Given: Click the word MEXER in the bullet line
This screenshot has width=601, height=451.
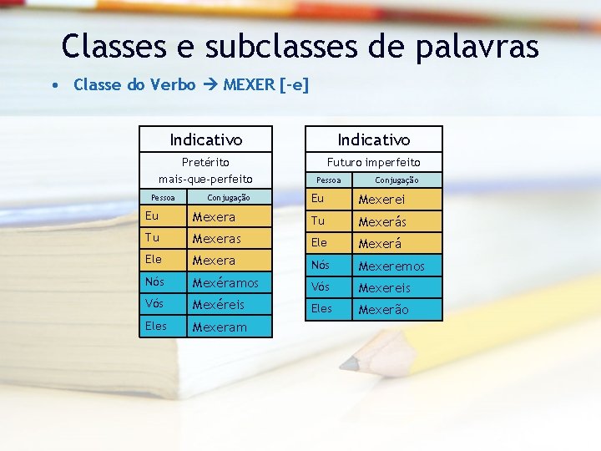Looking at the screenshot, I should [x=250, y=84].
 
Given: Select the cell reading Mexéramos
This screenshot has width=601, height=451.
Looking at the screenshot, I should [x=225, y=283].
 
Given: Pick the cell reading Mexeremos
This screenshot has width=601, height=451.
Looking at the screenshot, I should [x=391, y=266].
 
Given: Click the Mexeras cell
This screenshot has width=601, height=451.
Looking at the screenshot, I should [x=217, y=239].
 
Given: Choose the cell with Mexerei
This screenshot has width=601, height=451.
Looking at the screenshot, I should [x=381, y=200].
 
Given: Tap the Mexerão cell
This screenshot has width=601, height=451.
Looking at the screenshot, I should [x=383, y=310].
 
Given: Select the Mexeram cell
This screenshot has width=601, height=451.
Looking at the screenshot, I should [x=220, y=327].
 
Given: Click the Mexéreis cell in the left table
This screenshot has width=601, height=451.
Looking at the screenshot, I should [x=219, y=305].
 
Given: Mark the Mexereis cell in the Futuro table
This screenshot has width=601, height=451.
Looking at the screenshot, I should [x=384, y=288].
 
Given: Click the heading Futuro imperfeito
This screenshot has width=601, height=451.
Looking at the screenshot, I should [x=373, y=162].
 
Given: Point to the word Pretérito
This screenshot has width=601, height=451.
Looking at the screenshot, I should [x=205, y=162].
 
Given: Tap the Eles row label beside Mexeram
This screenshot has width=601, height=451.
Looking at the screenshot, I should [x=155, y=327].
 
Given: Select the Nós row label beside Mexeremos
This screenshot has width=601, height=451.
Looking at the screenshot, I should [x=321, y=266].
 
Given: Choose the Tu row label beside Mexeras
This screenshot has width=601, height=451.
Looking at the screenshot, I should [x=151, y=238].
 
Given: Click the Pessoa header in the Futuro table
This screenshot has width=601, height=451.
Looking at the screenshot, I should [x=328, y=180].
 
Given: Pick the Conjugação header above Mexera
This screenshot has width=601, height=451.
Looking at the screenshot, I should [x=228, y=198].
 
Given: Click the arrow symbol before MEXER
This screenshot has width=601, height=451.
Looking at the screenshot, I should [x=210, y=84].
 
